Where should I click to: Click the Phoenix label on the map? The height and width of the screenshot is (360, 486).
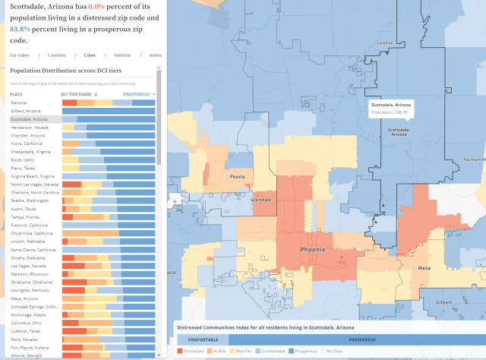(312, 249)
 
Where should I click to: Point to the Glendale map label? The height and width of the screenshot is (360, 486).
(261, 200)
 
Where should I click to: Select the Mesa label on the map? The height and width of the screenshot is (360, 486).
(422, 268)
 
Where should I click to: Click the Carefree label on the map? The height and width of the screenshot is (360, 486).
(384, 43)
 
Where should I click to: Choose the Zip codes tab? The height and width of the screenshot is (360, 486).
(20, 55)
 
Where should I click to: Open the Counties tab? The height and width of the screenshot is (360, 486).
(57, 55)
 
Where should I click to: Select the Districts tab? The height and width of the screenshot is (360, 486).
(122, 55)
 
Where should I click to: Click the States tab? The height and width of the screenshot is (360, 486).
(155, 55)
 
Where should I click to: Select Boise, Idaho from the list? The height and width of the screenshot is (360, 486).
(24, 159)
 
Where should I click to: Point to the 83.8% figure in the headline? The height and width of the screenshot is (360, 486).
(20, 28)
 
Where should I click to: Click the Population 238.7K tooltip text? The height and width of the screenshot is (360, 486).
(390, 112)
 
